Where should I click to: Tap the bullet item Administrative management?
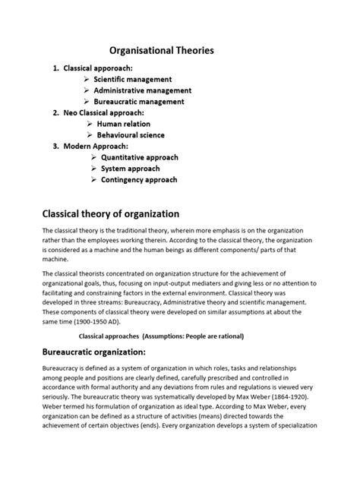142,90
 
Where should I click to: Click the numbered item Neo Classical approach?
114,112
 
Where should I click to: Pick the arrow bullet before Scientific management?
87,79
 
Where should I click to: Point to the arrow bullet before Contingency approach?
93,180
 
